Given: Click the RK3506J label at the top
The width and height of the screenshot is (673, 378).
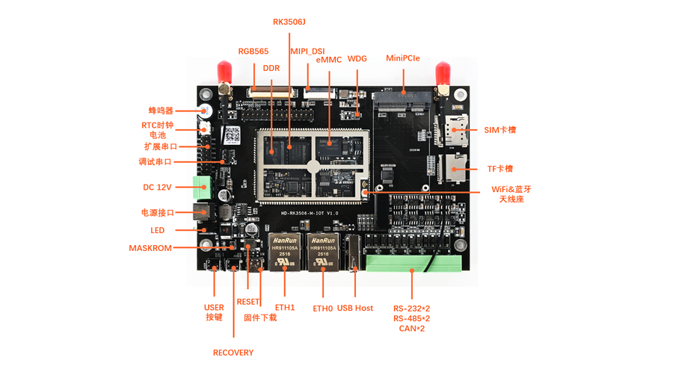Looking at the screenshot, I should pyautogui.click(x=289, y=22).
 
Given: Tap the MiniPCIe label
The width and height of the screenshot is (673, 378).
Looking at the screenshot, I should pyautogui.click(x=403, y=58).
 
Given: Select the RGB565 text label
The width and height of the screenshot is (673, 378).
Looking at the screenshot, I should pyautogui.click(x=253, y=52).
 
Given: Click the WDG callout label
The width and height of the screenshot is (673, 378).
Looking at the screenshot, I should pyautogui.click(x=357, y=58).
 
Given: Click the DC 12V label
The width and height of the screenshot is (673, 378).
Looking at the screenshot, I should pyautogui.click(x=157, y=187).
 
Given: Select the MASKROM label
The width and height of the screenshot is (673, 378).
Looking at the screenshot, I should pyautogui.click(x=150, y=248).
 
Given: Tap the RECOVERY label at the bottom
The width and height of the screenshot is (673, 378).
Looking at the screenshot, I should pyautogui.click(x=233, y=353).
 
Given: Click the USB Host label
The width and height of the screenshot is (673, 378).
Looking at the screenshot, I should pyautogui.click(x=355, y=308).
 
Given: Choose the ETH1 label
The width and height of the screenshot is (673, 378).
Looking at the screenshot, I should pyautogui.click(x=285, y=307).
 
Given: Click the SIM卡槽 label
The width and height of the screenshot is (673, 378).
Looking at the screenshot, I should pyautogui.click(x=500, y=130).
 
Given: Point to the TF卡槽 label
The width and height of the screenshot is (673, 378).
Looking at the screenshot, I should pyautogui.click(x=500, y=169).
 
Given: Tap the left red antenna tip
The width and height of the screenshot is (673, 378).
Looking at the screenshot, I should pyautogui.click(x=222, y=72).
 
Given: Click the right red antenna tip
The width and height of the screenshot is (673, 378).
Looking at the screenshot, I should pyautogui.click(x=442, y=72).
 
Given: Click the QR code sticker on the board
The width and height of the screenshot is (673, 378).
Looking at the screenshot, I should pyautogui.click(x=233, y=135).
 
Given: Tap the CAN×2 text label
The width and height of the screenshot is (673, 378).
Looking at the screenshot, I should pyautogui.click(x=411, y=329).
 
